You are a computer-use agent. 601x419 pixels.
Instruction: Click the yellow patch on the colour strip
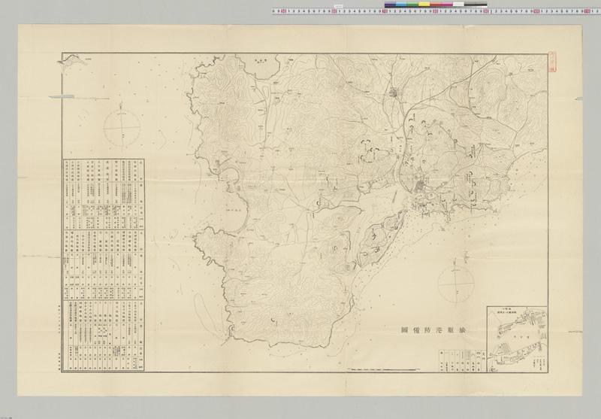(x=424, y=5)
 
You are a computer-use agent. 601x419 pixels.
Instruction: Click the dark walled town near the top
(x=395, y=94)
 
